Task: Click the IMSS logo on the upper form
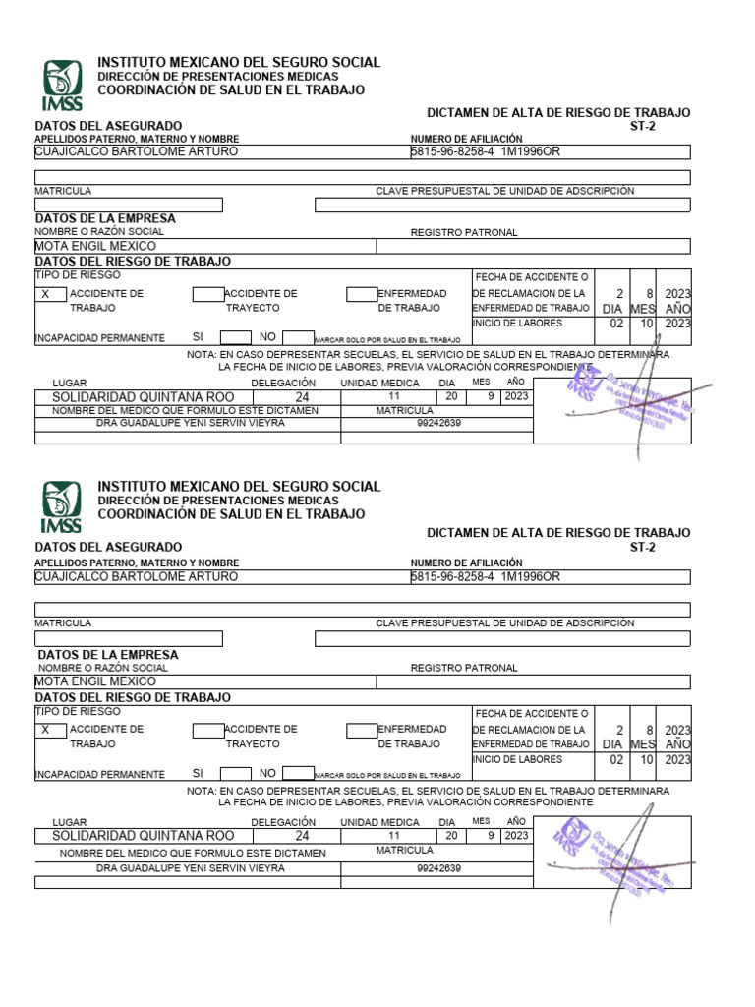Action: (62, 86)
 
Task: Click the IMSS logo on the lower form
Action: (62, 506)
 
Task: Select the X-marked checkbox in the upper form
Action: (51, 294)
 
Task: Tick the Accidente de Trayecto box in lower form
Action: (208, 730)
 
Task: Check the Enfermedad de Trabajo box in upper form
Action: (362, 294)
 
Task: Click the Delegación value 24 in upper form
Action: (302, 397)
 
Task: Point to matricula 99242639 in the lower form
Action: (438, 868)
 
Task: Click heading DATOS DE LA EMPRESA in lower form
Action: (107, 654)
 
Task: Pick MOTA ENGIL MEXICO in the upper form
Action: (95, 246)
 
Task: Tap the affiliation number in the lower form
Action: (485, 576)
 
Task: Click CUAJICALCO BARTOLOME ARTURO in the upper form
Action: (136, 151)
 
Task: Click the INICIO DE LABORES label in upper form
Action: (517, 323)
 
